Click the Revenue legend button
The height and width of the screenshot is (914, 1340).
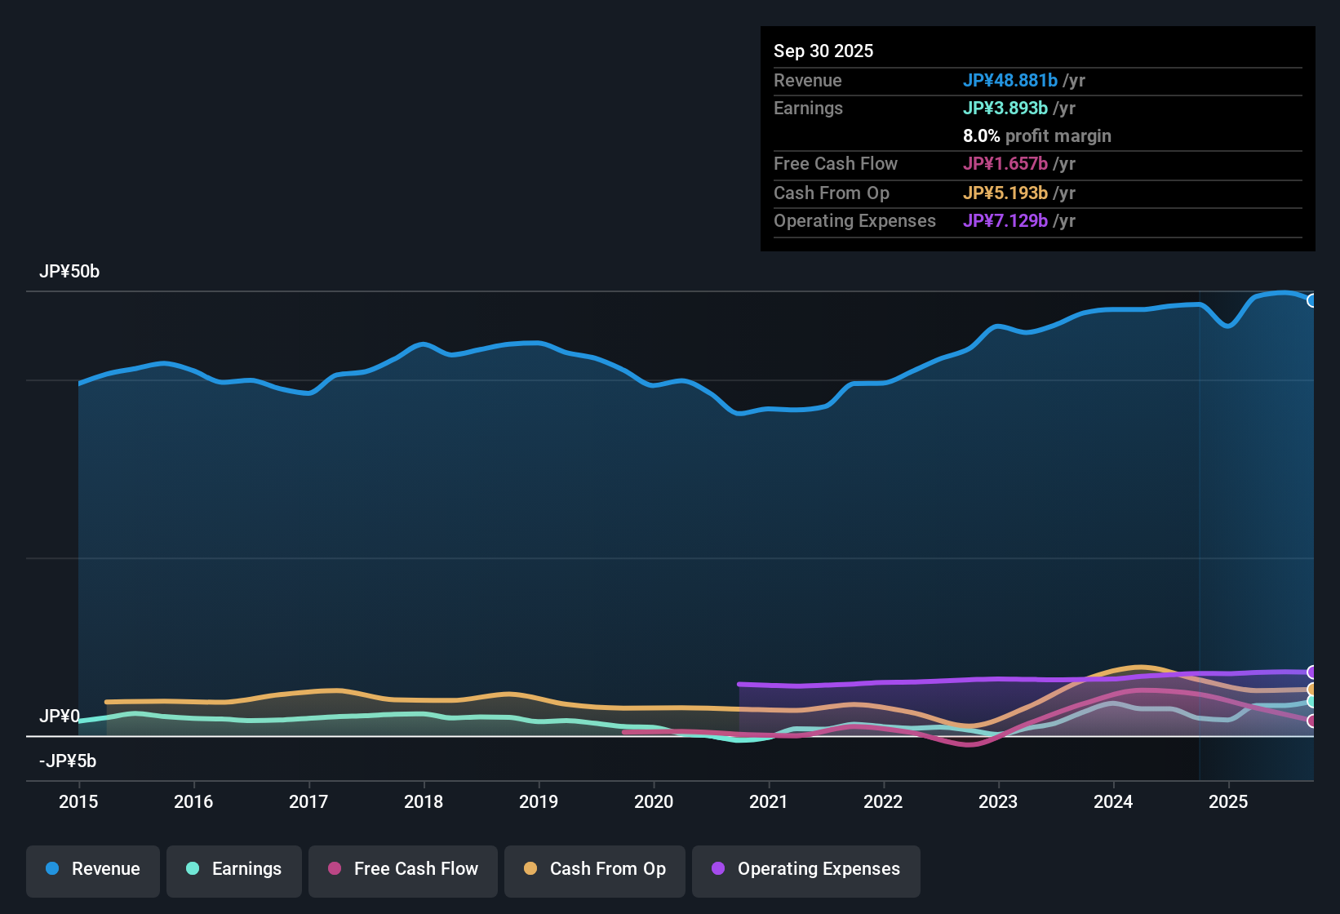[93, 869]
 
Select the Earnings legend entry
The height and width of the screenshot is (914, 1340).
[234, 869]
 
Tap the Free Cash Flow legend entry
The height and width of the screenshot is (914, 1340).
[403, 869]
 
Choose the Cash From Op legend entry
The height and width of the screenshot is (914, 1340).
[595, 869]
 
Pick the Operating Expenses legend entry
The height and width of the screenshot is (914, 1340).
[806, 869]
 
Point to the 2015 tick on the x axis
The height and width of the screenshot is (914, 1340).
[78, 801]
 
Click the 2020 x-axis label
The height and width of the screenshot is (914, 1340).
[654, 801]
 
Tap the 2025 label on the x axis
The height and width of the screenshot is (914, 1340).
[1228, 801]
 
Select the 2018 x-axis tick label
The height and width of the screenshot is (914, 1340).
[424, 801]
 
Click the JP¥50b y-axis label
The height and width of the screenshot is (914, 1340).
[69, 272]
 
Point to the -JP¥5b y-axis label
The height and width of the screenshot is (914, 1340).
[68, 761]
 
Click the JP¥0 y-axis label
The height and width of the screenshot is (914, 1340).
[60, 717]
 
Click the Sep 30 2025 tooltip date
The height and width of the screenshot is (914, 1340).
[823, 51]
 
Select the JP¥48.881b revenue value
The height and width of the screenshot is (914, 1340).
[1010, 80]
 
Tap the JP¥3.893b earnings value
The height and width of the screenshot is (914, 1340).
[1005, 109]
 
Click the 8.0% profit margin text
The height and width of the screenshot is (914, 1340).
[1037, 136]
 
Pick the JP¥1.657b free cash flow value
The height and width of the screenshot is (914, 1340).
[1005, 164]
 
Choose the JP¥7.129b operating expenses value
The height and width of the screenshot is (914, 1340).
[1005, 221]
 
